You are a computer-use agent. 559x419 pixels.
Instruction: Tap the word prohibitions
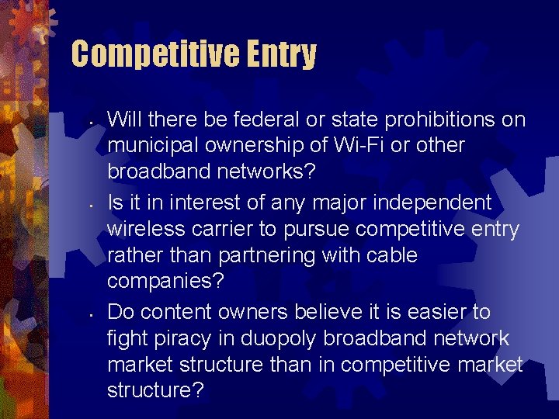click(440, 119)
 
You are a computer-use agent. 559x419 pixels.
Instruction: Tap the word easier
click(429, 313)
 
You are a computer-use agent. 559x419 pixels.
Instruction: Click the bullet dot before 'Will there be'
click(91, 122)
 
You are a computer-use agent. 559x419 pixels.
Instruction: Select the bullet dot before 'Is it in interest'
click(91, 206)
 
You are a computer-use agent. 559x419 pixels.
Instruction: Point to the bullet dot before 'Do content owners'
click(91, 315)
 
